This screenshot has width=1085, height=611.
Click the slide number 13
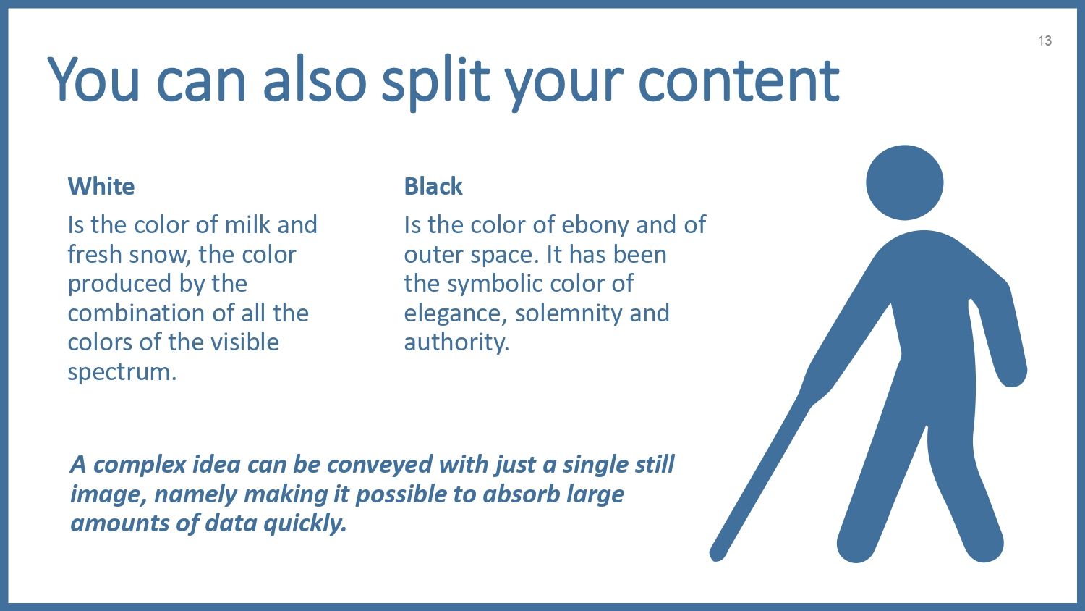click(x=1044, y=41)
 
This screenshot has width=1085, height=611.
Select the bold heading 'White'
click(x=101, y=186)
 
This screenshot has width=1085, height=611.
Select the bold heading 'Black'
click(x=433, y=186)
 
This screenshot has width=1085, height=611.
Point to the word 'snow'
click(x=157, y=255)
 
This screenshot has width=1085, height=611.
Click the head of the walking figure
click(x=904, y=183)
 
